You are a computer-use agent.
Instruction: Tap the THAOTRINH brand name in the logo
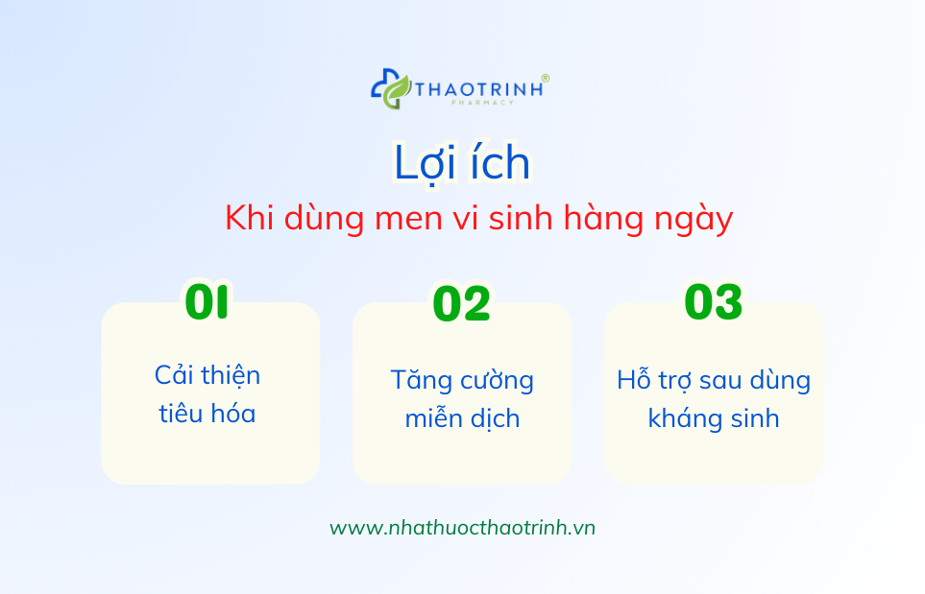tap(479, 89)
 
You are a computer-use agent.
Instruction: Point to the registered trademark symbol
tap(545, 78)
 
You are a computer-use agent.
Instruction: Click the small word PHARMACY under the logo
tap(482, 103)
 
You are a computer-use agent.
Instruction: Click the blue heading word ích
tap(499, 160)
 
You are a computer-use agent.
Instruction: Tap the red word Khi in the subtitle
tap(250, 217)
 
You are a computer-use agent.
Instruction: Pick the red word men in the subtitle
tap(407, 219)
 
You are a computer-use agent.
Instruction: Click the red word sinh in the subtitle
tap(522, 217)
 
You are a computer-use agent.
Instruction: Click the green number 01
tap(207, 301)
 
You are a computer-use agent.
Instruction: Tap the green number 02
tap(461, 303)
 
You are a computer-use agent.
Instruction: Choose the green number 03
tap(714, 301)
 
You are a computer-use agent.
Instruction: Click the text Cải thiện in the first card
tap(207, 375)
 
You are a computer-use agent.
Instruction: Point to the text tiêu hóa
tap(207, 413)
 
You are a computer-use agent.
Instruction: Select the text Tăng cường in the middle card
tap(462, 381)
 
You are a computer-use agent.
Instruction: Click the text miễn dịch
tap(462, 417)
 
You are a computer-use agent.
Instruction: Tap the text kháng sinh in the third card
tap(714, 418)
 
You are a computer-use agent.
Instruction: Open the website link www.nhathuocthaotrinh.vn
tap(463, 528)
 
